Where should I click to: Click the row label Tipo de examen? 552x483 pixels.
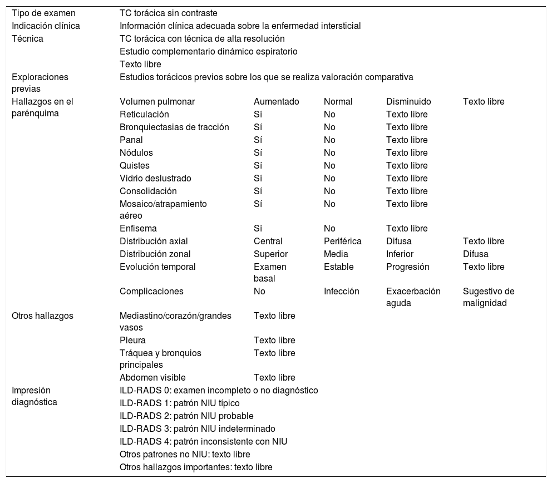point(43,13)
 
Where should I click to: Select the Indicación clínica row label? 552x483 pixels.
point(46,26)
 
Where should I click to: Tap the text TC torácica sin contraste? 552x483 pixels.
point(169,13)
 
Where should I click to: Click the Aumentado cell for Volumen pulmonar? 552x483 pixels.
point(276,101)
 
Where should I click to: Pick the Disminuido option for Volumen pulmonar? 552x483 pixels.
point(408,101)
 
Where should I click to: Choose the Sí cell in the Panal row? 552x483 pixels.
point(258,140)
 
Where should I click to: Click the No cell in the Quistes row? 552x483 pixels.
point(329,165)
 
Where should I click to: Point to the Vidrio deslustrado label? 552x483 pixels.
point(155,178)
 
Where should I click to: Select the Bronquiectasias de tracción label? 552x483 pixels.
point(174,127)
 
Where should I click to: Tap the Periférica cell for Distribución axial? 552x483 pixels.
point(342,241)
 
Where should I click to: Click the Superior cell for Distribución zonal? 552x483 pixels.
point(270,254)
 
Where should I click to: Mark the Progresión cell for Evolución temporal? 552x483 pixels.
point(407,267)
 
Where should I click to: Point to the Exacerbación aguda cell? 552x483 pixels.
point(413,297)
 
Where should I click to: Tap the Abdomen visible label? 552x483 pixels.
point(152,377)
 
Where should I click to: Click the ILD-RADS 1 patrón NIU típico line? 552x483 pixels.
point(180,403)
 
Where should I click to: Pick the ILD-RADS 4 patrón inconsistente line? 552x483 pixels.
point(203,441)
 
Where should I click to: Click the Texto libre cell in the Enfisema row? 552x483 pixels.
point(407,228)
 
